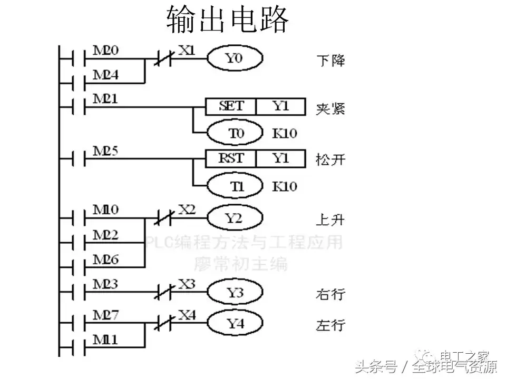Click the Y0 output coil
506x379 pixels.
[x=234, y=58]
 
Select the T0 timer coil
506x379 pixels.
[x=235, y=133]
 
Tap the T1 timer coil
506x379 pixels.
[x=235, y=186]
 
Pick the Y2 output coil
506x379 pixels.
[x=235, y=218]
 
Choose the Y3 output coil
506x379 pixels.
[x=235, y=292]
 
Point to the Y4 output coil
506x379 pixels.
[x=235, y=324]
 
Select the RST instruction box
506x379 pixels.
[x=231, y=158]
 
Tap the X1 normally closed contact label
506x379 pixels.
[x=187, y=51]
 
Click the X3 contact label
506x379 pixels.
[x=187, y=284]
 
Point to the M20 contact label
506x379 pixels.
[x=105, y=51]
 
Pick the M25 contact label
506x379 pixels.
[x=105, y=151]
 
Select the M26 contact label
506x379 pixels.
[x=105, y=259]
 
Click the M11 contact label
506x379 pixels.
[x=105, y=340]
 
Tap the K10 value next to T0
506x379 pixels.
[x=284, y=133]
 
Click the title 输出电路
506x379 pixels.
[x=228, y=20]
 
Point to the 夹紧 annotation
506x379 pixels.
[x=330, y=109]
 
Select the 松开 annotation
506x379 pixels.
[x=330, y=159]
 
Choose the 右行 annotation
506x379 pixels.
[x=330, y=293]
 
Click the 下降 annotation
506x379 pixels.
[x=330, y=59]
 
